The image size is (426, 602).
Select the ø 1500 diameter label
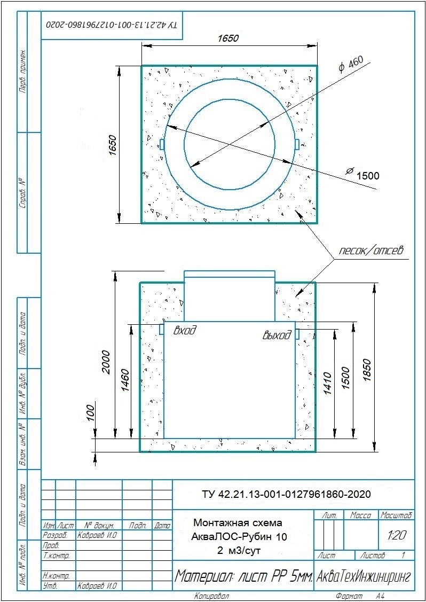(x=362, y=175)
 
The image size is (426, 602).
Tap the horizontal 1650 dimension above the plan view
(x=228, y=38)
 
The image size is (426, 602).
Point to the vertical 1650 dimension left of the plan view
(x=112, y=145)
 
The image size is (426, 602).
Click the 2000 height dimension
(x=106, y=362)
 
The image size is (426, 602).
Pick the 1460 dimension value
(x=125, y=381)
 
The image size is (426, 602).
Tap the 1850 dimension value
(x=368, y=370)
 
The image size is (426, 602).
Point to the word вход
(x=185, y=330)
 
